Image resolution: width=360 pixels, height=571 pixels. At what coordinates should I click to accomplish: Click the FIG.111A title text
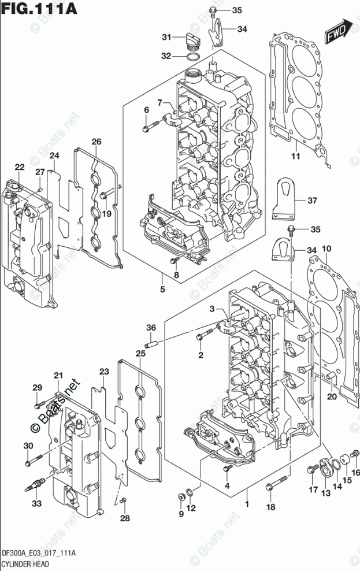[39, 8]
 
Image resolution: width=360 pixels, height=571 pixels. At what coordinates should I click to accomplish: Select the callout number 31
[167, 37]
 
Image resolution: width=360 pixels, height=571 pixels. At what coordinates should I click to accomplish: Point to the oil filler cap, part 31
[193, 40]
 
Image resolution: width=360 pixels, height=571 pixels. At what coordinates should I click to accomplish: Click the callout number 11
[296, 156]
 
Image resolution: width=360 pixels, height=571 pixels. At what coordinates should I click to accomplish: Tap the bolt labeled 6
[151, 127]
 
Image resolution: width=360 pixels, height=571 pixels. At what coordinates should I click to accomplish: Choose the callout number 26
[97, 142]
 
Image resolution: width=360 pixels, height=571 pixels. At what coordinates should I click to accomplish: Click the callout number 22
[20, 167]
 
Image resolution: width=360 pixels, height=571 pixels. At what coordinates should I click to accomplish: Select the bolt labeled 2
[205, 334]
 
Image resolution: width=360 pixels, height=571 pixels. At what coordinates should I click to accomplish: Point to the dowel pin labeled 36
[151, 343]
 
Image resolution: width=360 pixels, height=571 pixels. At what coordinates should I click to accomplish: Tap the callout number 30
[28, 446]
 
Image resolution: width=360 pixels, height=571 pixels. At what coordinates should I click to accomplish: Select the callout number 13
[326, 493]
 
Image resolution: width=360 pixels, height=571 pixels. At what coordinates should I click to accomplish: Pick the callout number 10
[326, 249]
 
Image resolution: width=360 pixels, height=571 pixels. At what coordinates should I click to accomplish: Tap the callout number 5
[162, 290]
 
